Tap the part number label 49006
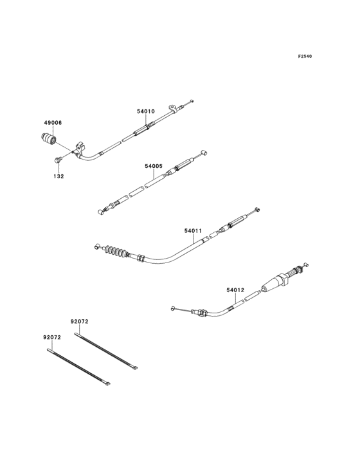(53, 122)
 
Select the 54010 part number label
(145, 111)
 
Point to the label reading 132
(59, 176)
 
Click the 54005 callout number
(153, 166)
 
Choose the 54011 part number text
(193, 230)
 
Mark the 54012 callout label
(235, 290)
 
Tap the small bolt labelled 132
(59, 159)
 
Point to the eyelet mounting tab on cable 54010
(172, 107)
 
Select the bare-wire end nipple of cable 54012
(173, 308)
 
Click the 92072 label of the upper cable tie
(79, 320)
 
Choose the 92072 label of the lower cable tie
(52, 337)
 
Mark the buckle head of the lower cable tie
(108, 386)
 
